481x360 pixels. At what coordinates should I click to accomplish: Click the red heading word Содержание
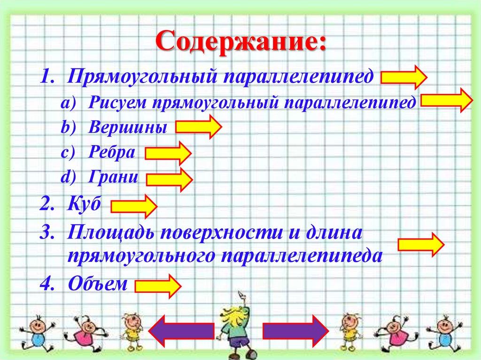pyautogui.click(x=240, y=43)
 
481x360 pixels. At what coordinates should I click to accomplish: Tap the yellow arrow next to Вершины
pyautogui.click(x=198, y=127)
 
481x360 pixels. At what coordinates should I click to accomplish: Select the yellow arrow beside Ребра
pyautogui.click(x=168, y=153)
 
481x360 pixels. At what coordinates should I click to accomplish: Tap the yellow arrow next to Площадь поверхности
pyautogui.click(x=420, y=244)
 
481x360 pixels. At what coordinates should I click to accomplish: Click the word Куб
pyautogui.click(x=84, y=205)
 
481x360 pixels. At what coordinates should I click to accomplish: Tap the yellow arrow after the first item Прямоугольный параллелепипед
pyautogui.click(x=403, y=77)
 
